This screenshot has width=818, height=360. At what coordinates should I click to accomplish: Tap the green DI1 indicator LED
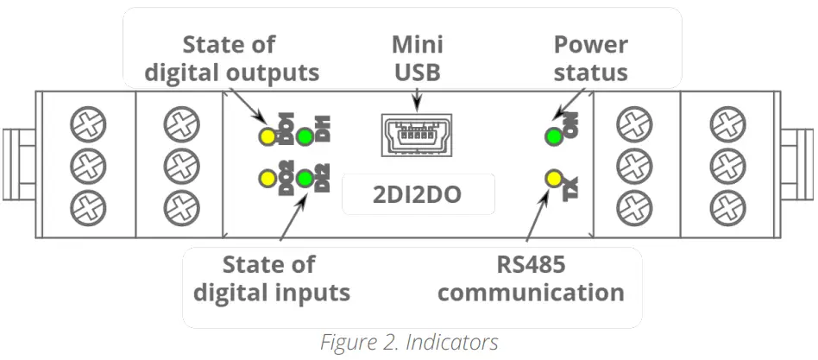(x=305, y=136)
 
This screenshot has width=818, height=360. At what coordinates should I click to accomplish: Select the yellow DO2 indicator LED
(x=267, y=180)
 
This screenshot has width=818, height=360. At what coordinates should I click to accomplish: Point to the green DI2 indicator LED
(x=305, y=180)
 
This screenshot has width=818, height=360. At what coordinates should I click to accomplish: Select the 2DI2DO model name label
(x=418, y=194)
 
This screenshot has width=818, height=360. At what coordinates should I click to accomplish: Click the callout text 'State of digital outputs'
(x=230, y=58)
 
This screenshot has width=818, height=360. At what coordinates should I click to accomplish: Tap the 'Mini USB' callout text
(x=418, y=58)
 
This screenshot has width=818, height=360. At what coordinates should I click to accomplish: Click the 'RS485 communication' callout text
(x=530, y=278)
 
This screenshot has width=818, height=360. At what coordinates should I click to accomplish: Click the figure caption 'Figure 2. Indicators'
(x=409, y=342)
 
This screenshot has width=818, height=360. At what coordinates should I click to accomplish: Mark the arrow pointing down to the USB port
(x=418, y=101)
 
